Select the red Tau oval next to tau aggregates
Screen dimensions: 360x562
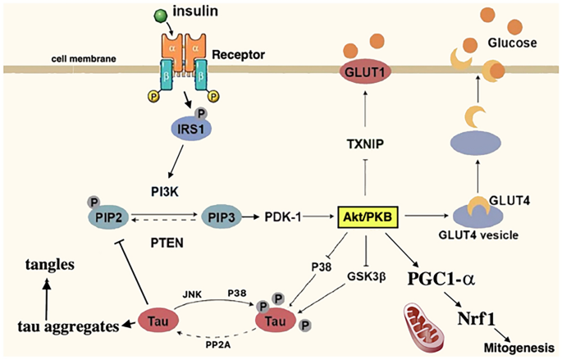point(161,323)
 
